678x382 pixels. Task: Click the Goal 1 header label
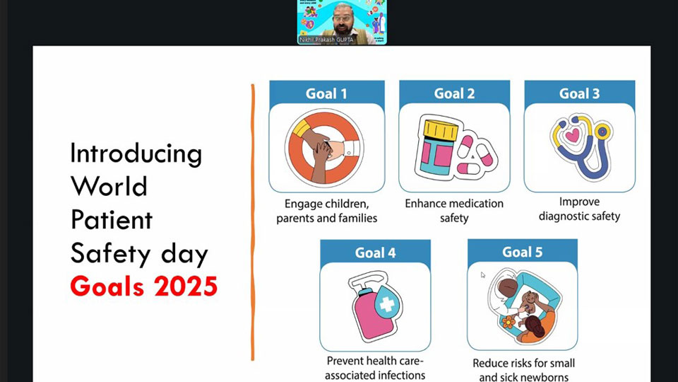(326, 93)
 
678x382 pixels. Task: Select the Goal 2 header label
(454, 93)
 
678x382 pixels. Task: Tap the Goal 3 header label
(579, 93)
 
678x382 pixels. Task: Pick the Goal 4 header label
(375, 253)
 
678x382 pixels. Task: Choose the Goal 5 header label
(522, 253)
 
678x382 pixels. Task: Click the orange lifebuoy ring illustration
(324, 147)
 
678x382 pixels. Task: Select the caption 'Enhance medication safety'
(454, 210)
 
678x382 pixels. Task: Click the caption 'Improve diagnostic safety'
(579, 209)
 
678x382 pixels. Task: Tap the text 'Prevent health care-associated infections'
(375, 369)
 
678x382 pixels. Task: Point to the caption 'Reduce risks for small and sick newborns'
(523, 370)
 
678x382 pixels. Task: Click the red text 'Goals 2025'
(143, 287)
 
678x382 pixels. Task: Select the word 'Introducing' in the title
(136, 154)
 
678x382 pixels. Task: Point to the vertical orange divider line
(252, 219)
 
